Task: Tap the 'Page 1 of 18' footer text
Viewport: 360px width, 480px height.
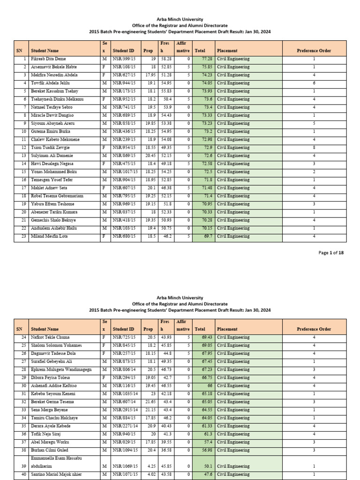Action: (x=331, y=253)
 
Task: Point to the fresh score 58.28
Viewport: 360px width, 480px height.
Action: (x=165, y=59)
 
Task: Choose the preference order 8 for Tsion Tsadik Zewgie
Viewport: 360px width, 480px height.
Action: (x=314, y=148)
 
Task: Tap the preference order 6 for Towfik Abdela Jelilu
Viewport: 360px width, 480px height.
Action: (x=314, y=83)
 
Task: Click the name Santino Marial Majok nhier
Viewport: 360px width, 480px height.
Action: (x=53, y=475)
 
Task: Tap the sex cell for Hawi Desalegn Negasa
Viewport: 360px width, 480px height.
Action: (x=104, y=164)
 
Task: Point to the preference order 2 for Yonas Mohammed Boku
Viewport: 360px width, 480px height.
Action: (x=314, y=172)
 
